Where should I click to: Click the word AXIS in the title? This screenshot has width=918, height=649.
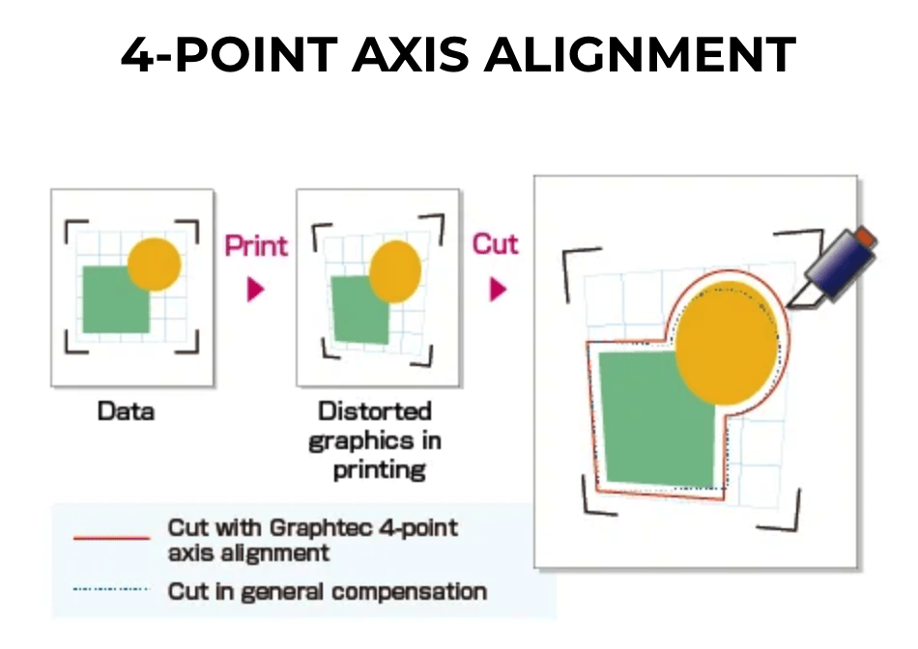(x=411, y=54)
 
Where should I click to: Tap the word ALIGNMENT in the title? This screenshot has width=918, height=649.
(x=640, y=54)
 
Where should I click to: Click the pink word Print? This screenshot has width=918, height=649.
(x=256, y=245)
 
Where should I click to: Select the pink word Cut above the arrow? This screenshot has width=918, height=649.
(x=496, y=244)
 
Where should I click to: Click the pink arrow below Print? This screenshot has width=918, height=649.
(x=255, y=289)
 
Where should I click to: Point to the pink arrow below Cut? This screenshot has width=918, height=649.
(x=498, y=289)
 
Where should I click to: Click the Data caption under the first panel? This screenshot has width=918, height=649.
(x=126, y=411)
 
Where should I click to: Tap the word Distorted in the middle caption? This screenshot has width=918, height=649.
(x=375, y=410)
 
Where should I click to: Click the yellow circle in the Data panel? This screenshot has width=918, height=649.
(x=154, y=264)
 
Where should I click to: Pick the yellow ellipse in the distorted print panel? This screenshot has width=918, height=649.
(x=396, y=271)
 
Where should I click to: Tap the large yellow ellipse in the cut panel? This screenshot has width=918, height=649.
(x=727, y=343)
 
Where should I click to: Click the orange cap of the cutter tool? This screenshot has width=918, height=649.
(x=866, y=237)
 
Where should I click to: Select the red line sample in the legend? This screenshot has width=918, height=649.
(x=112, y=538)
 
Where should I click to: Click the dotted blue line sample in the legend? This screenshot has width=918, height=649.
(x=112, y=589)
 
